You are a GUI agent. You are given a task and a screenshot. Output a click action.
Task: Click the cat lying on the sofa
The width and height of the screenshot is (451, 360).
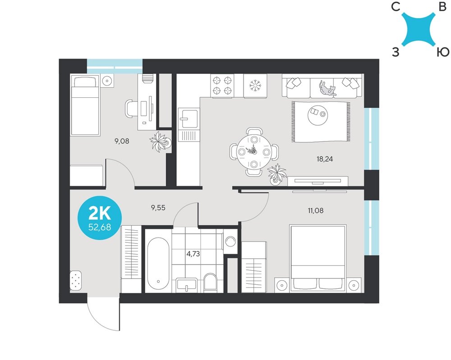click(327, 88)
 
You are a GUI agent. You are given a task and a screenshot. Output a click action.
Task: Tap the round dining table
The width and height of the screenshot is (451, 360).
click(253, 152)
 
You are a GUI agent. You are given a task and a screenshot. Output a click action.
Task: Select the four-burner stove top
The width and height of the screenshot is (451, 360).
click(222, 86)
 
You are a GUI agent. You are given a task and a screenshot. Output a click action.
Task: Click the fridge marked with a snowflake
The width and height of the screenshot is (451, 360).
click(255, 86)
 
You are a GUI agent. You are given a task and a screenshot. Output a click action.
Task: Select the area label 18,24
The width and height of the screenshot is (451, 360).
click(325, 159)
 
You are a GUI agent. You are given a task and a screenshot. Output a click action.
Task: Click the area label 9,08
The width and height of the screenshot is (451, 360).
click(122, 141)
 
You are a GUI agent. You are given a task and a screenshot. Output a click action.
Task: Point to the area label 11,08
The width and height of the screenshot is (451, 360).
click(316, 210)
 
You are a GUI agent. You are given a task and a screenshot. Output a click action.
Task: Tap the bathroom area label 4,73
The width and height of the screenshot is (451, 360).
click(193, 254)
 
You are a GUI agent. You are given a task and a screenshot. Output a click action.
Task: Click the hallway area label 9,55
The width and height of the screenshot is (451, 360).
click(158, 208)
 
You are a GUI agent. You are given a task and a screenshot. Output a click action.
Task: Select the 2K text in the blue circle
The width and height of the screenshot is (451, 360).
click(100, 213)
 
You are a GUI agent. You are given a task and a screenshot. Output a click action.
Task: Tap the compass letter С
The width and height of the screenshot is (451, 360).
click(396, 7)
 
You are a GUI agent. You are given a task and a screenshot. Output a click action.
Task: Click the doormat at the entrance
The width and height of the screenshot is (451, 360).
click(76, 280)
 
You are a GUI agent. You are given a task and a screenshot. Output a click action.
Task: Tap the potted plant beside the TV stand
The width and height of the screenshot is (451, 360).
click(276, 174)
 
